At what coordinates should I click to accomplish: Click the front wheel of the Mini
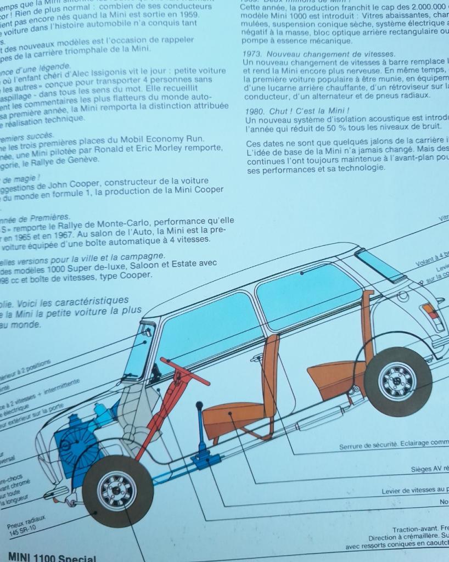click(x=117, y=491)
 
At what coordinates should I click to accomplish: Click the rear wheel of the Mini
click(x=397, y=381)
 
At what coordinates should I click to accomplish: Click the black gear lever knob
click(x=199, y=406)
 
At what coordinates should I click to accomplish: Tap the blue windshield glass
click(x=136, y=351)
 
